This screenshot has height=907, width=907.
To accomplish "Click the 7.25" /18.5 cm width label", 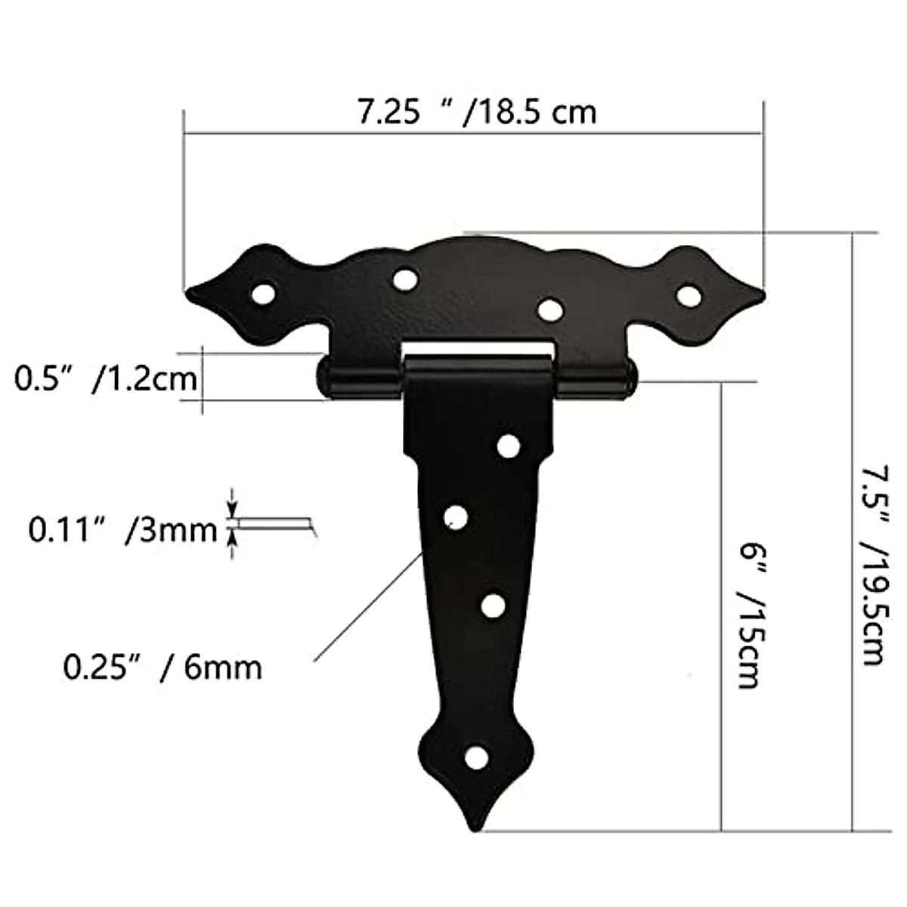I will [x=477, y=113].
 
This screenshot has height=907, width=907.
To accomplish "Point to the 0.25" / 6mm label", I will [x=163, y=667].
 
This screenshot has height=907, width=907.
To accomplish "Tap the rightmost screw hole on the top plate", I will [x=688, y=295].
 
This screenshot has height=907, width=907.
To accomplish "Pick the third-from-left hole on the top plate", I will [x=550, y=308].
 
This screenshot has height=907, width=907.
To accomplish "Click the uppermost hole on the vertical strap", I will [x=509, y=446].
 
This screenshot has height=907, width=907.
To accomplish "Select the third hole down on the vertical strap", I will [x=494, y=605].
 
